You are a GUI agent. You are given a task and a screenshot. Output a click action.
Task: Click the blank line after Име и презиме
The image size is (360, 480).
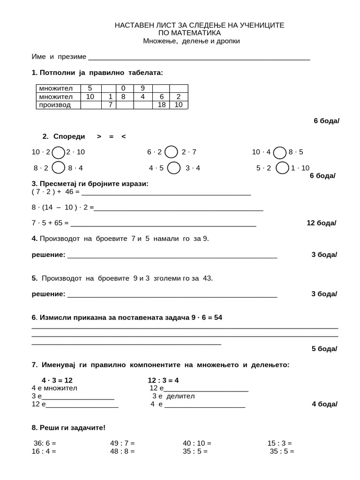pyautogui.click(x=199, y=57)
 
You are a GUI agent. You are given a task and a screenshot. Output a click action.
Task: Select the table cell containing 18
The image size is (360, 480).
pyautogui.click(x=161, y=105)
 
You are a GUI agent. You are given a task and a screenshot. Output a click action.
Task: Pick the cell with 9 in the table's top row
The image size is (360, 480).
pyautogui.click(x=142, y=88)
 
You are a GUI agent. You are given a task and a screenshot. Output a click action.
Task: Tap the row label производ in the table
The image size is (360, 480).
pyautogui.click(x=55, y=105)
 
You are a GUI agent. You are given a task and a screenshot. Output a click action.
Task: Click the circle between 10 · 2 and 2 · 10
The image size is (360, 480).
pyautogui.click(x=59, y=152)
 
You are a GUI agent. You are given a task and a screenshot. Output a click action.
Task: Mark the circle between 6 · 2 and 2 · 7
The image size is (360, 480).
pyautogui.click(x=172, y=152)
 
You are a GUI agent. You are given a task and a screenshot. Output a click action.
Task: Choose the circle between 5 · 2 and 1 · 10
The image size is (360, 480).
pyautogui.click(x=282, y=168)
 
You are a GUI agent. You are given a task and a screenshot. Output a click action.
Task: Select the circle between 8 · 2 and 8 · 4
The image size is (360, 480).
pyautogui.click(x=59, y=168)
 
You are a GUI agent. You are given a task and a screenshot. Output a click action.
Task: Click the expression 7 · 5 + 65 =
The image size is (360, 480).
pyautogui.click(x=50, y=223)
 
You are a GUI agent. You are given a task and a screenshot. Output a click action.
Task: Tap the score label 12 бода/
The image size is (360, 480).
pyautogui.click(x=321, y=223)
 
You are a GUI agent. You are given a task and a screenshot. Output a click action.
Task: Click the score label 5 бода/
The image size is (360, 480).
pyautogui.click(x=324, y=349)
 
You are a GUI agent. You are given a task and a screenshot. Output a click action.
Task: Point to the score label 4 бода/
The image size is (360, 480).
pyautogui.click(x=324, y=404)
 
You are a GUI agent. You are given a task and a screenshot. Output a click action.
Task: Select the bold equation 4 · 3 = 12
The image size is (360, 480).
pyautogui.click(x=57, y=380)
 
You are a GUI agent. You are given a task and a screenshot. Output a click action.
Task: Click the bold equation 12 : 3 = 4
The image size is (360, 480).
pyautogui.click(x=163, y=380)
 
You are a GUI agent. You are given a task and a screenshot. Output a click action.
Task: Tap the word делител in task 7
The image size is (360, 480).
pyautogui.click(x=180, y=396)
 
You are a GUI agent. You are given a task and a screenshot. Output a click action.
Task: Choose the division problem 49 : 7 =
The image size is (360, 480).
pyautogui.click(x=122, y=443)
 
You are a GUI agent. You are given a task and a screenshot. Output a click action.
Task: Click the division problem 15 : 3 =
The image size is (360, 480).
pyautogui.click(x=279, y=443)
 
